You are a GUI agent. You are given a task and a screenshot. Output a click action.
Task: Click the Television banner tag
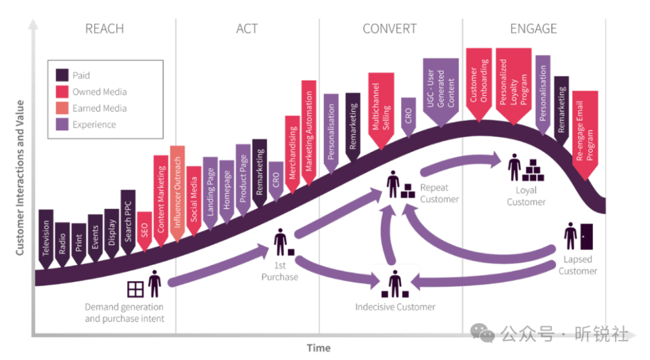click(x=46, y=238)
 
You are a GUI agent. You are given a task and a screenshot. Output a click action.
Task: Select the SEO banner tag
click(x=144, y=231)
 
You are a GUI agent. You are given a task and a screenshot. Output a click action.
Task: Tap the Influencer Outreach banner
click(x=178, y=193)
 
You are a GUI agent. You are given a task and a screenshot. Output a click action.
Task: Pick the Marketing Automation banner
click(x=309, y=132)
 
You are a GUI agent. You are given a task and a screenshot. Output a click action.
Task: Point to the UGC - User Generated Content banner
click(x=441, y=92)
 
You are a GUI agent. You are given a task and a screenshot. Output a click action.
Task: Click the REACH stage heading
click(x=105, y=29)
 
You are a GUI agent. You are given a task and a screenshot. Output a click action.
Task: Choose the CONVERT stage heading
click(x=389, y=29)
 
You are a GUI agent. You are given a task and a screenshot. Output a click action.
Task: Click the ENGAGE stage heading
click(x=533, y=29)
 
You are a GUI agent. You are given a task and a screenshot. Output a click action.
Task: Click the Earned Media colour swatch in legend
click(x=62, y=108)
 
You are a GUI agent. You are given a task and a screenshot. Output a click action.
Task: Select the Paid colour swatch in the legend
click(x=62, y=75)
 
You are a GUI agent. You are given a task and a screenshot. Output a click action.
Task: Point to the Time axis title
click(x=319, y=348)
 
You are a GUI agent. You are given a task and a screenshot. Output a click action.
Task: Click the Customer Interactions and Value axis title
click(x=20, y=178)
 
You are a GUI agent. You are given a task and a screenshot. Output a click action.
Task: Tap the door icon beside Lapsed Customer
click(x=587, y=237)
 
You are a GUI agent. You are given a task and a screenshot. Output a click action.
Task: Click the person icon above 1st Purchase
click(x=280, y=242)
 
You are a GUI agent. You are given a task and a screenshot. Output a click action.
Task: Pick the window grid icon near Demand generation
click(x=135, y=289)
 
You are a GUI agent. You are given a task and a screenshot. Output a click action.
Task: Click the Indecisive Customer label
click(x=395, y=307)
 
